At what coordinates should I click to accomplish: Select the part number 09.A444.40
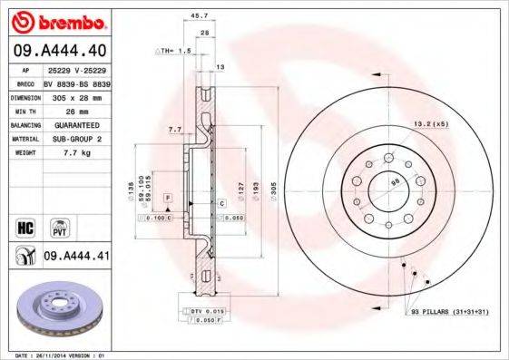click(60, 52)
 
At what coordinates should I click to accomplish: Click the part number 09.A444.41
click(77, 257)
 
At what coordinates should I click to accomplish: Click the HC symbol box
click(25, 223)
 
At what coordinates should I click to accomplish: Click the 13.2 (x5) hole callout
click(431, 123)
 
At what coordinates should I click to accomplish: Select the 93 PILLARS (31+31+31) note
click(451, 311)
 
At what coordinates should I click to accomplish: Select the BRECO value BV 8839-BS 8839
click(76, 83)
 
